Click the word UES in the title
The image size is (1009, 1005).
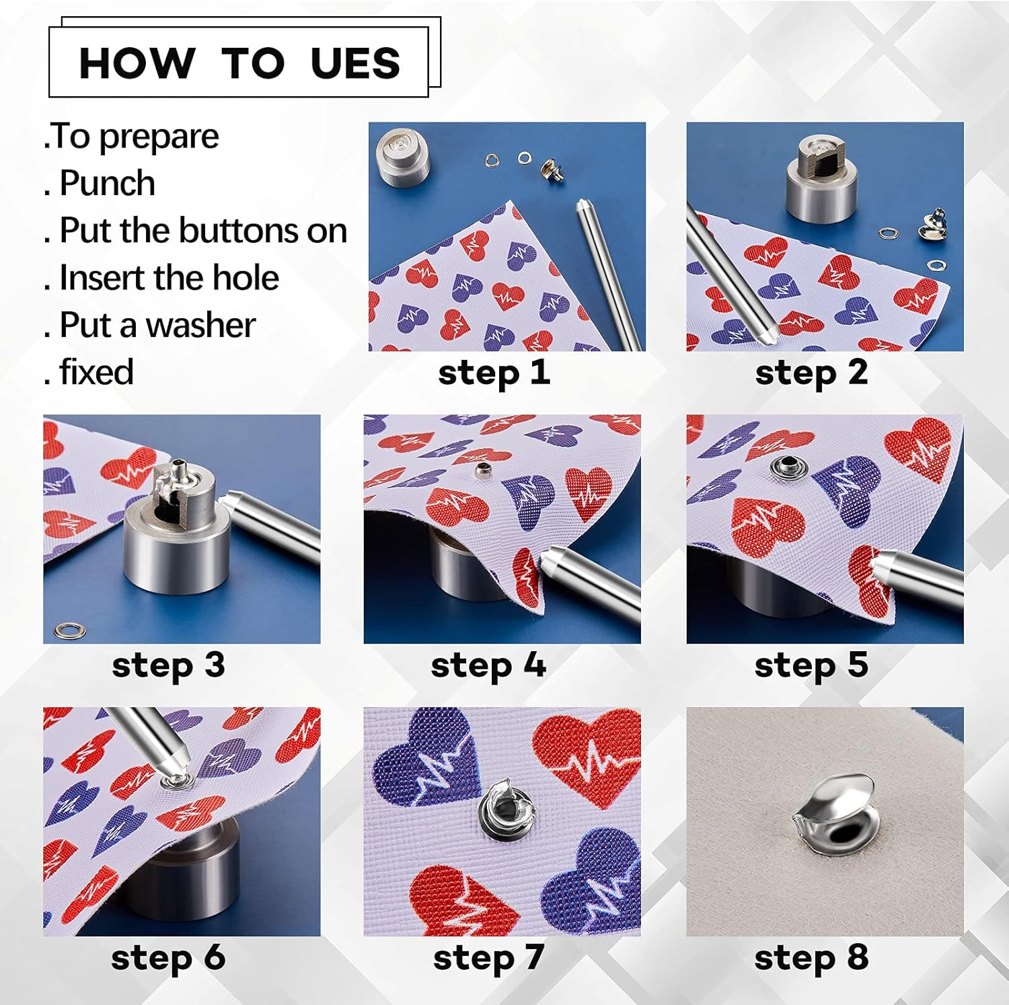tap(355, 63)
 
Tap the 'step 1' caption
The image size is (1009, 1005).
tap(494, 373)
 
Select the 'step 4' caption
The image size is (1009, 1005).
tap(488, 665)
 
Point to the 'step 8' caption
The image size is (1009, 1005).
tap(811, 957)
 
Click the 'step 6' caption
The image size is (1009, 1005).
tap(168, 957)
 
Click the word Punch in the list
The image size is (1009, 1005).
tap(108, 183)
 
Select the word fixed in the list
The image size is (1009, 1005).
tap(97, 372)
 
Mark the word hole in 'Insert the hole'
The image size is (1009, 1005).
tap(246, 277)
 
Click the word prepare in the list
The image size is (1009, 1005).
tap(159, 137)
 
